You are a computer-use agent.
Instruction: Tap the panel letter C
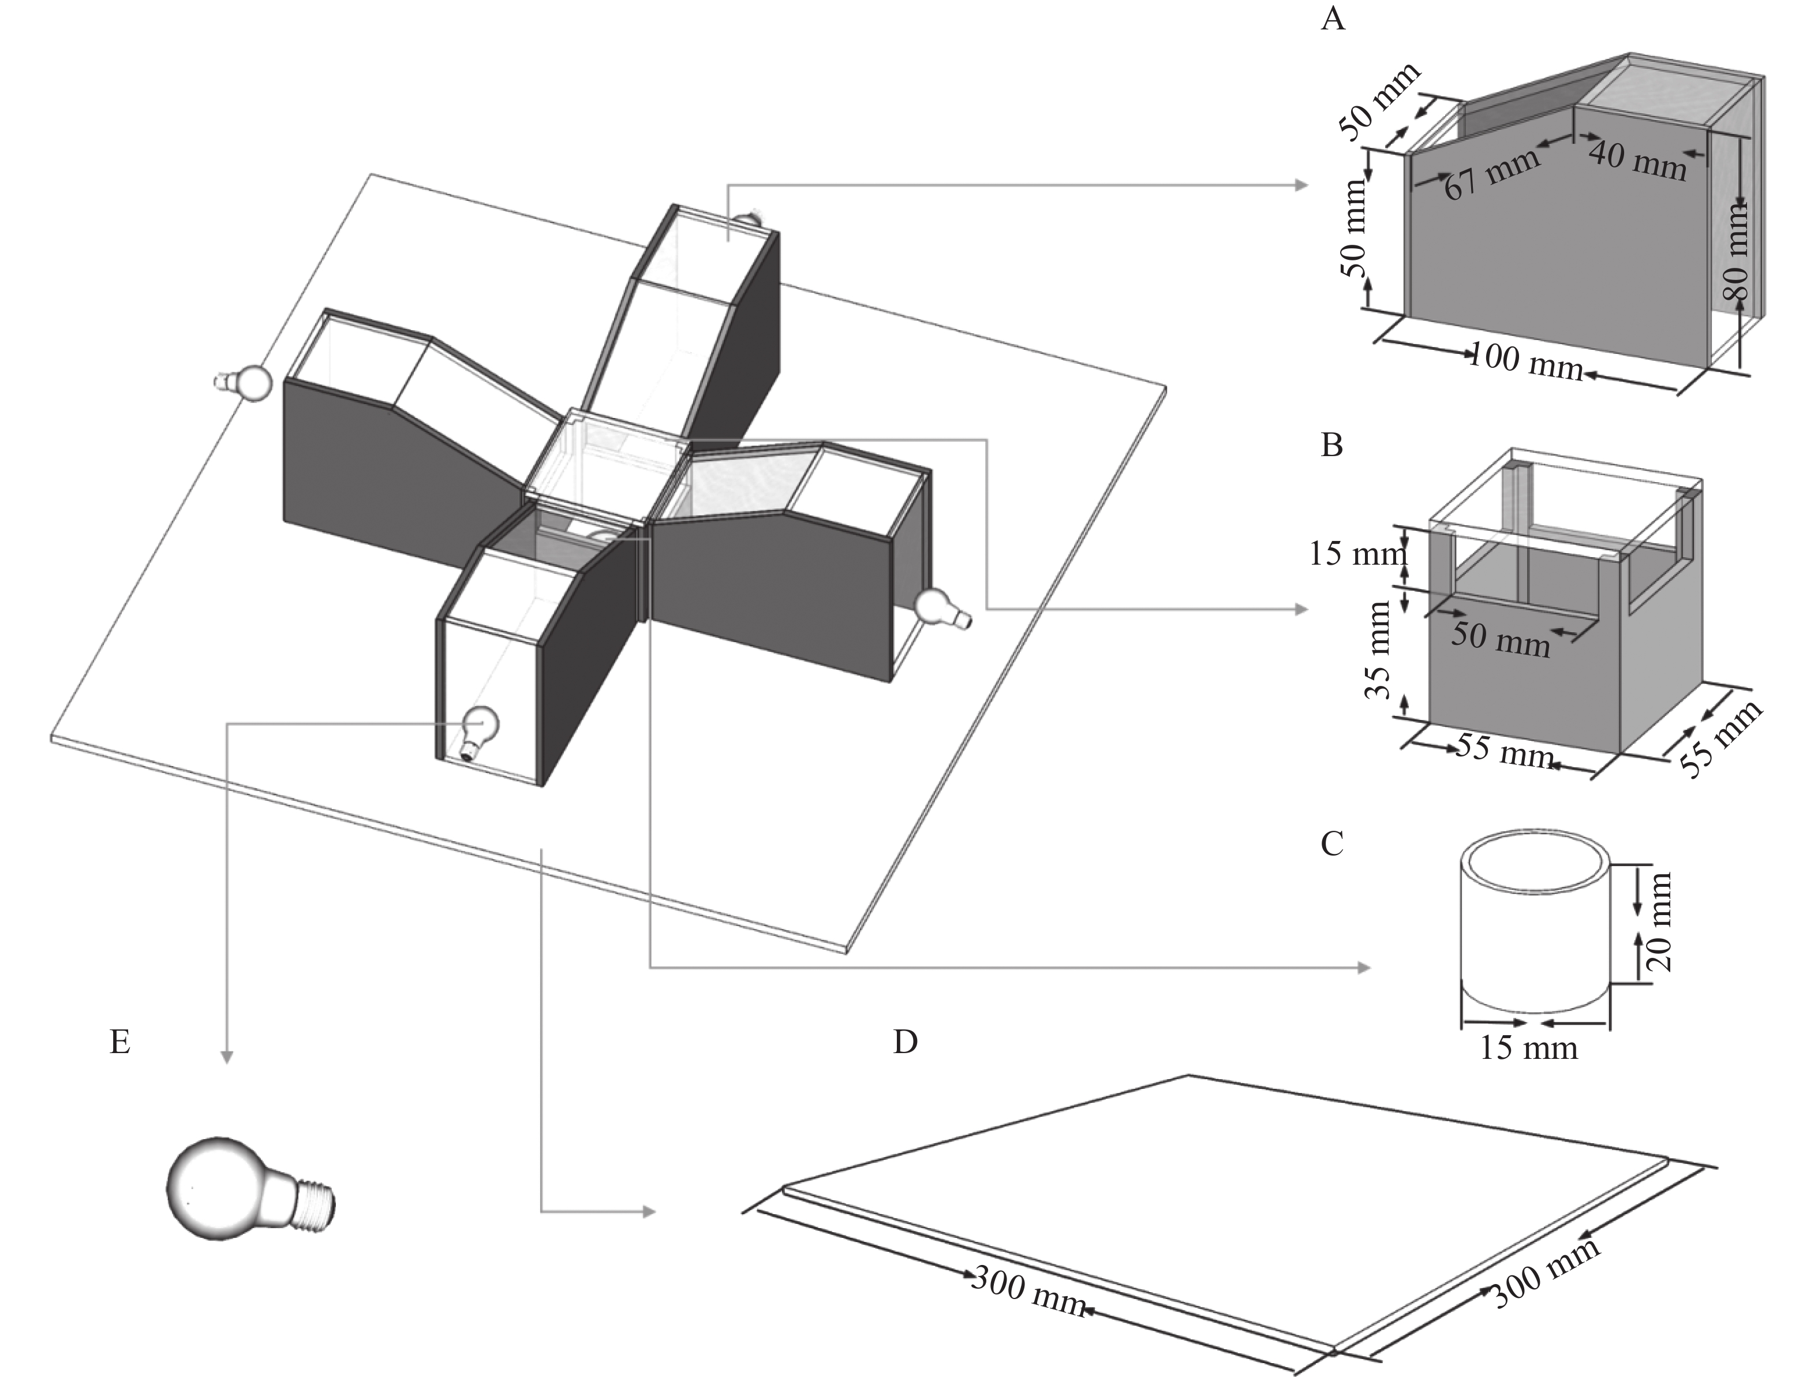[1331, 844]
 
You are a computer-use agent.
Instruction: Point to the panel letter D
[905, 1042]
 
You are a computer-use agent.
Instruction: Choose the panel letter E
[120, 1042]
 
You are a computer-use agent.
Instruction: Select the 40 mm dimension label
[1637, 161]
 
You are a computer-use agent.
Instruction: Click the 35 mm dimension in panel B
[1378, 650]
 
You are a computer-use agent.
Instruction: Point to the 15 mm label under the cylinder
[1529, 1048]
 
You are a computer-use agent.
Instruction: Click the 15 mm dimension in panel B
[1357, 553]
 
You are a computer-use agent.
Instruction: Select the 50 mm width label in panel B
[1501, 638]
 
